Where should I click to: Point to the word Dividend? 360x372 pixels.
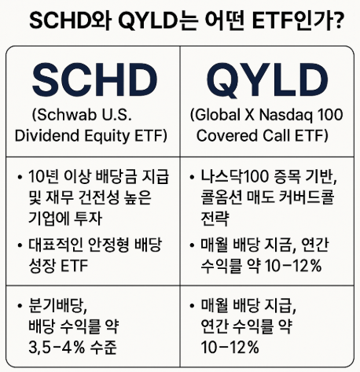tap(46, 135)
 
